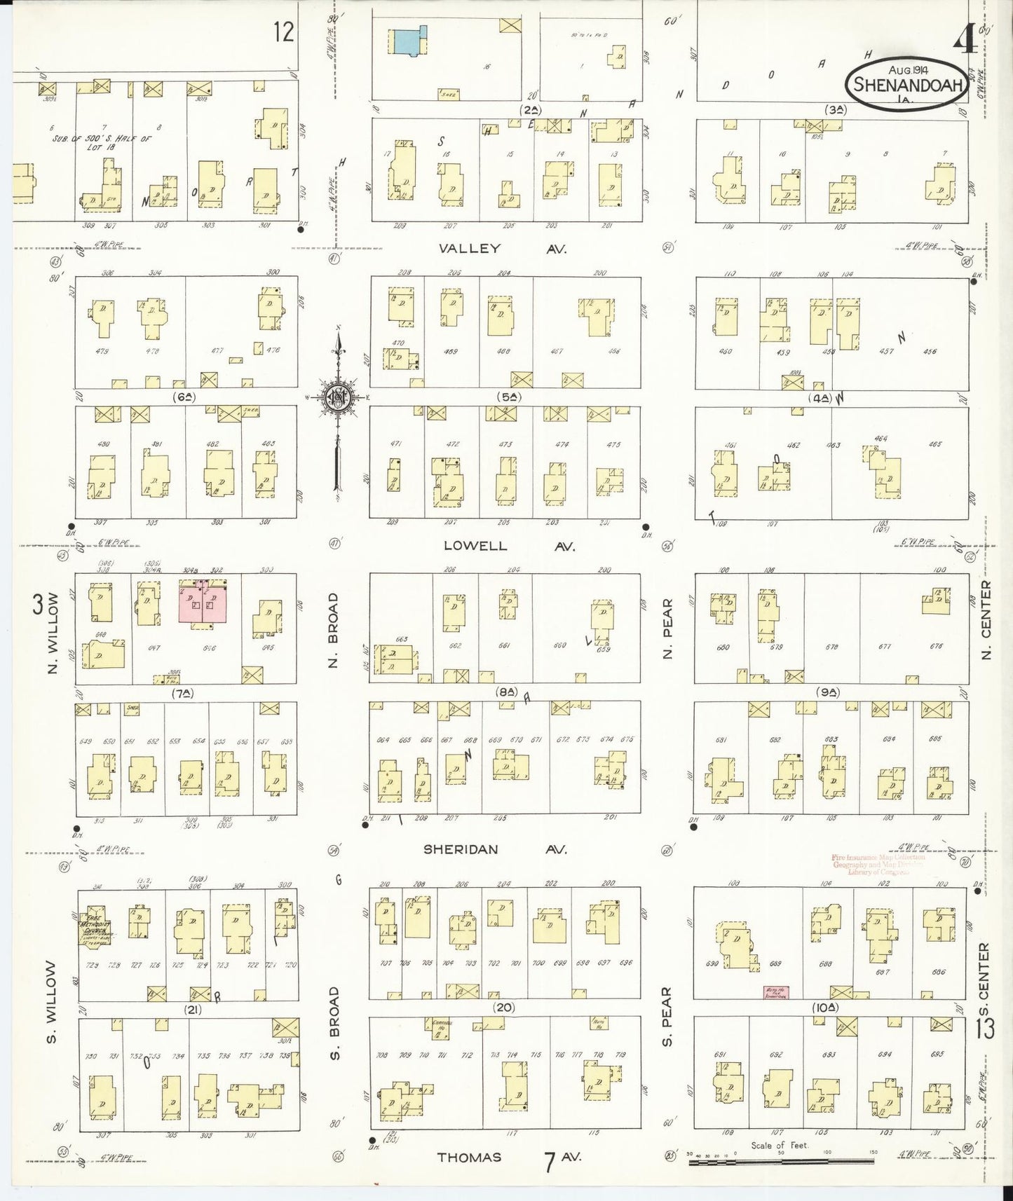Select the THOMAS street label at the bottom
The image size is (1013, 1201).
point(470,1157)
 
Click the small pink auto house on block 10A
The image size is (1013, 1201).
point(777,992)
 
